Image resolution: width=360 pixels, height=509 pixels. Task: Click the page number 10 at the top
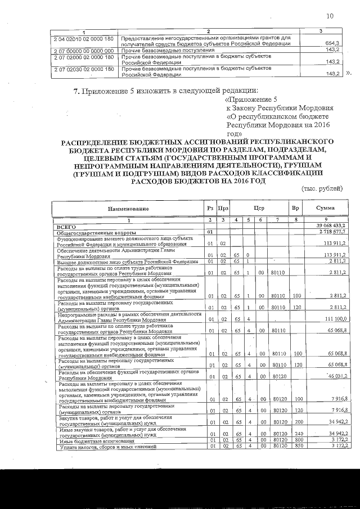pos(330,16)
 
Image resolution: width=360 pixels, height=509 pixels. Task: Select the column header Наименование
pos(129,209)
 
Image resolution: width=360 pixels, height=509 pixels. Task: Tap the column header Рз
pos(209,209)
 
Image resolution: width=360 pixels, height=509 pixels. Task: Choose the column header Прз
pos(223,209)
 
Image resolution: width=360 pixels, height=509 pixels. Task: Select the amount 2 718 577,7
pos(331,231)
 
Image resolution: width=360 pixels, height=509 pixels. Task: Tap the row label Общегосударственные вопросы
pos(96,231)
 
